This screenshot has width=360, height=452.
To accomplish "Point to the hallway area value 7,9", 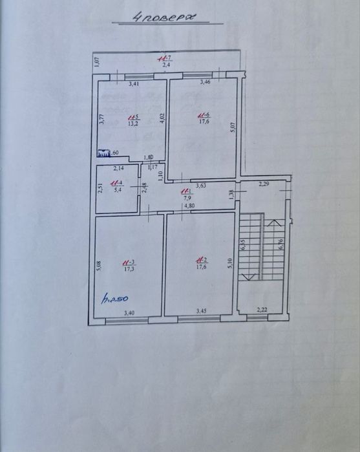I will click(186, 198).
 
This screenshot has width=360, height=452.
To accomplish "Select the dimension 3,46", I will click(206, 82).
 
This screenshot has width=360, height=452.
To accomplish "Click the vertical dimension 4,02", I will click(163, 121).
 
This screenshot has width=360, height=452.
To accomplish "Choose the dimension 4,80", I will click(189, 206).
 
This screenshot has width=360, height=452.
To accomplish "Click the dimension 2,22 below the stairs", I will click(262, 310).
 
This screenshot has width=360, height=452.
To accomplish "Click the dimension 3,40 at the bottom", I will click(128, 314).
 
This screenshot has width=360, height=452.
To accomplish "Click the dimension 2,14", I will click(118, 169).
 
